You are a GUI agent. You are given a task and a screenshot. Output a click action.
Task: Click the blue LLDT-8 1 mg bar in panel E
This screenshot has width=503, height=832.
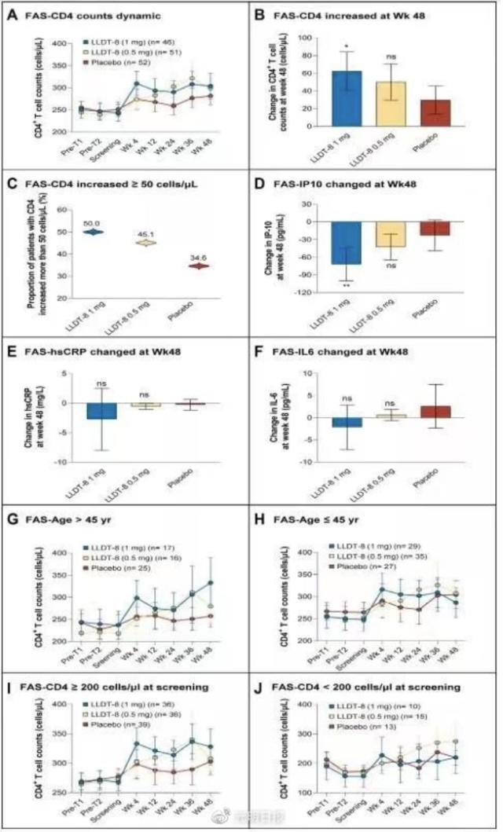click(x=102, y=411)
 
